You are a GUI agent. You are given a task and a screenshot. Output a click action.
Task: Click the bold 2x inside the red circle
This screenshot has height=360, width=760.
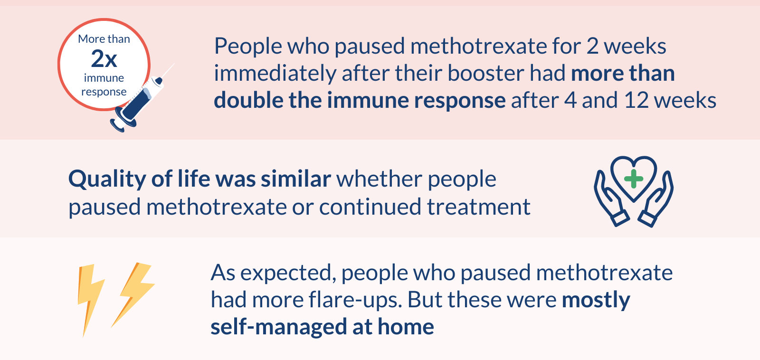(x=104, y=59)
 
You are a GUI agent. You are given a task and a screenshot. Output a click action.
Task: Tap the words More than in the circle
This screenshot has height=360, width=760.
(x=104, y=39)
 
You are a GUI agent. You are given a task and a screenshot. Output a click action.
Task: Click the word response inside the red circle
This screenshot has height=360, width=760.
(x=104, y=92)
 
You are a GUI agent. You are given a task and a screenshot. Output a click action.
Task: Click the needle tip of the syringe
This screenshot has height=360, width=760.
(x=174, y=64)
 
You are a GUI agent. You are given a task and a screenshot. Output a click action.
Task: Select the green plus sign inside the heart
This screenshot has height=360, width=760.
(x=634, y=179)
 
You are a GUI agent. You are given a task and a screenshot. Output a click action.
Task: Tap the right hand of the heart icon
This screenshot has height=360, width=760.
(x=656, y=201)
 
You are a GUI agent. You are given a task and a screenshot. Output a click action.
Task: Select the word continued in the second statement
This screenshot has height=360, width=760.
(x=370, y=207)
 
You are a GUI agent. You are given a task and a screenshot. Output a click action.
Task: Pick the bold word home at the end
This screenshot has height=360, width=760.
(x=406, y=326)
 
